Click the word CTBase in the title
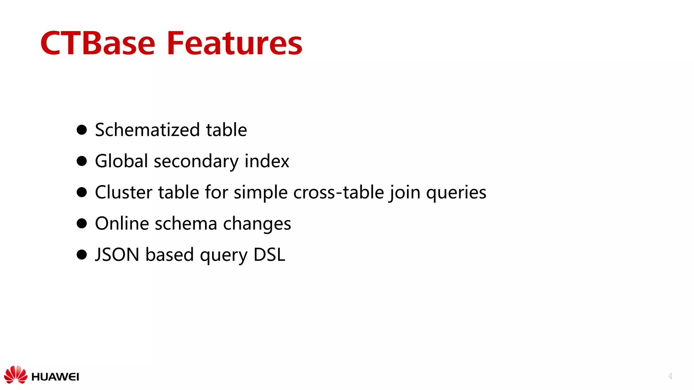98,43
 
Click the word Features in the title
234,43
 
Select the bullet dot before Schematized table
82,130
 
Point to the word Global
122,161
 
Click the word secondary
196,161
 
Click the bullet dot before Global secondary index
82,161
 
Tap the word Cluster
124,192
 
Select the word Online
122,223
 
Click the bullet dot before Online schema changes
82,223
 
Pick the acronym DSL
269,255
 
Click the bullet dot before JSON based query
82,255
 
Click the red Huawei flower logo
16,375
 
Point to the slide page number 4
670,376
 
